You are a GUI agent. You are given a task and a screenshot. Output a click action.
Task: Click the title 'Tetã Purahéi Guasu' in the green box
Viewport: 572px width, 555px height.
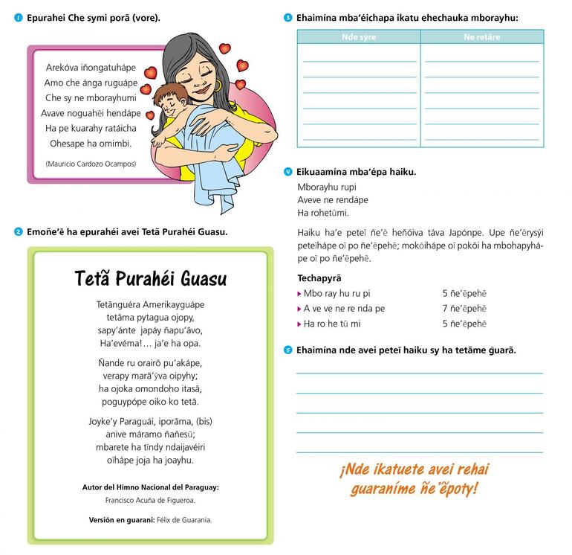[x=151, y=280]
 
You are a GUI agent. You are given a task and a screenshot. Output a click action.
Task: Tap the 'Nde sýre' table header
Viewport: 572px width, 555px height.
[x=359, y=37]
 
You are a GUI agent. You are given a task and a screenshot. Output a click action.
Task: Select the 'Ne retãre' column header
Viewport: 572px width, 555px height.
[x=481, y=37]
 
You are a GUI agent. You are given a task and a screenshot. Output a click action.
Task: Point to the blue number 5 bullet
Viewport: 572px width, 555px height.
[x=287, y=350]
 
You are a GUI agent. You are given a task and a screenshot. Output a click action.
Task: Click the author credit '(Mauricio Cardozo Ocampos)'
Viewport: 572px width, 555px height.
[x=91, y=163]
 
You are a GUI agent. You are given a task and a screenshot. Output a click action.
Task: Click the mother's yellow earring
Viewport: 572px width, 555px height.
[x=219, y=86]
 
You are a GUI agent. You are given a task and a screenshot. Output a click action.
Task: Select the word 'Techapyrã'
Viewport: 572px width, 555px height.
[x=320, y=278]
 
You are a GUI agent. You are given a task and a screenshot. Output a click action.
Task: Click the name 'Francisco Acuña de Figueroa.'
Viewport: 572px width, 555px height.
[x=150, y=501]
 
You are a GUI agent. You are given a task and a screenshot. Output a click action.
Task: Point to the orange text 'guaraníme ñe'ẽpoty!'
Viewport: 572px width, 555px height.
[x=415, y=488]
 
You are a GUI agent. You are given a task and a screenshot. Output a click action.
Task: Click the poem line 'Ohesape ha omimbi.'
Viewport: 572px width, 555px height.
[x=91, y=144]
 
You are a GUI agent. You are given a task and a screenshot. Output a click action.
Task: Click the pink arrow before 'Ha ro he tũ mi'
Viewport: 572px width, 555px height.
[x=299, y=324]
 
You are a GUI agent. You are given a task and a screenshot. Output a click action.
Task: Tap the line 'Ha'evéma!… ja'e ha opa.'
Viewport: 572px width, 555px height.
[x=149, y=344]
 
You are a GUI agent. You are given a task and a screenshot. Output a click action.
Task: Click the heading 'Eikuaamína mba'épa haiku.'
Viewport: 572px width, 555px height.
[x=356, y=172]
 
